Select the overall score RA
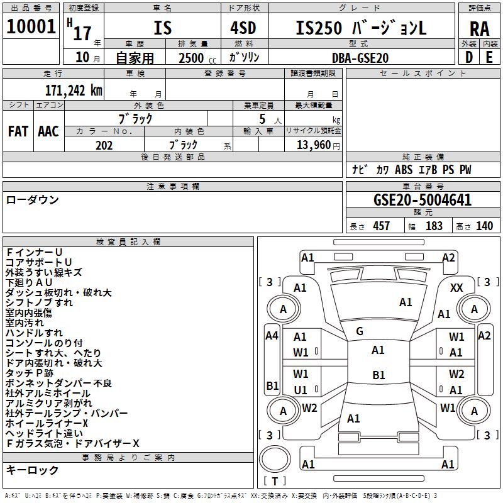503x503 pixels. pos(479,28)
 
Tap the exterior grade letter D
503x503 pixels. pos(469,57)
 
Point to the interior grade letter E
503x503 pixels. pos(489,57)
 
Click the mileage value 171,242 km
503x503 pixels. pos(73,90)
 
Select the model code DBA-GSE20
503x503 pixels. pos(360,58)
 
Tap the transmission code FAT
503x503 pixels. pos(18,131)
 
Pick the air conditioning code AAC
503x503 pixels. pos(48,131)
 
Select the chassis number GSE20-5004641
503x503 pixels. pos(413,200)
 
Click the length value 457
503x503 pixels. pos(381,226)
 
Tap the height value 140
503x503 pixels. pos(484,226)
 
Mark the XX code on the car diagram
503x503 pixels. pos(456,287)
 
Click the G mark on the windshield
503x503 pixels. pos(360,331)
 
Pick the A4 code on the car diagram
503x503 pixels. pos(272,336)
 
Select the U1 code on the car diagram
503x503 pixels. pos(301,390)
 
